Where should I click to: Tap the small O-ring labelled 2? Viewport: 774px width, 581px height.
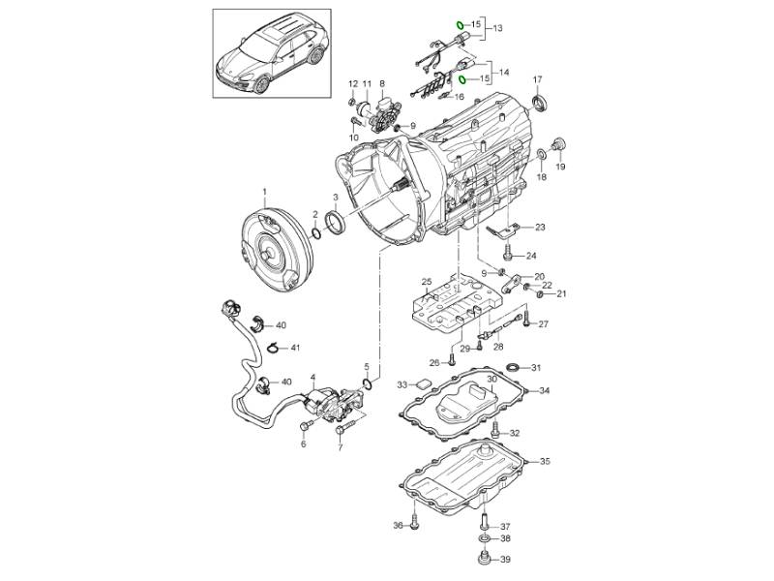pos(316,232)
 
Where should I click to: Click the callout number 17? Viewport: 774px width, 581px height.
pos(538,78)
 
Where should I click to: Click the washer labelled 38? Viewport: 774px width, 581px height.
pos(483,538)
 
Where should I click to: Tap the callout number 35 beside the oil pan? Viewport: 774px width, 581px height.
pos(545,462)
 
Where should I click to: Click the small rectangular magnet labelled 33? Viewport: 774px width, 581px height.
pos(422,384)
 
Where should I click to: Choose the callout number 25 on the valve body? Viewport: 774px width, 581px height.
pos(424,282)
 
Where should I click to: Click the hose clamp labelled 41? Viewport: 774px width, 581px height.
pos(274,347)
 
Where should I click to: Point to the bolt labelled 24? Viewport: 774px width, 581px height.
pos(508,256)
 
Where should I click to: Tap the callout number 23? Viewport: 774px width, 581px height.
pos(539,228)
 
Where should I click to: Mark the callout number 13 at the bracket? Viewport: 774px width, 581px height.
pos(499,30)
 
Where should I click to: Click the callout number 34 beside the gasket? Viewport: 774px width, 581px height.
pos(545,391)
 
